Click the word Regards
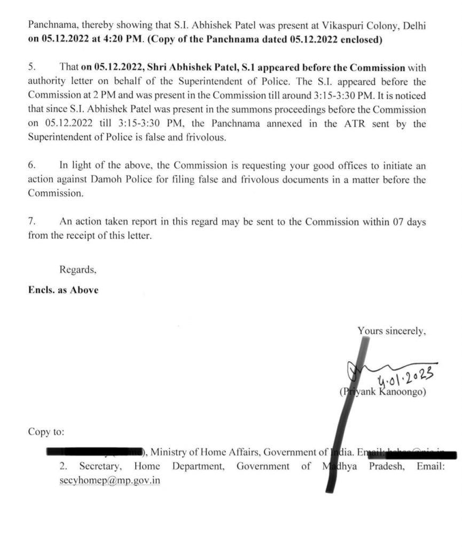tap(78, 270)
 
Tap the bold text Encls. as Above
tap(63, 290)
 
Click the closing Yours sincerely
tap(391, 331)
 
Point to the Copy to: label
tap(46, 431)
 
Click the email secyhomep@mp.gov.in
tap(110, 480)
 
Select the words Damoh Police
tap(131, 179)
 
